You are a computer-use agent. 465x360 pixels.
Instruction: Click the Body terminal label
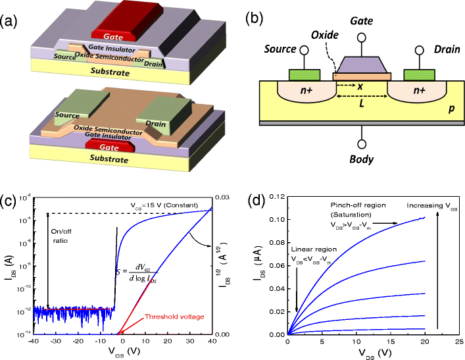pyautogui.click(x=361, y=159)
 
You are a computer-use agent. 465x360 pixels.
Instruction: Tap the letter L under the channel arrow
pyautogui.click(x=362, y=105)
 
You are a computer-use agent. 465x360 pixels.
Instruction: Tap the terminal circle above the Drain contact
pyautogui.click(x=418, y=51)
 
